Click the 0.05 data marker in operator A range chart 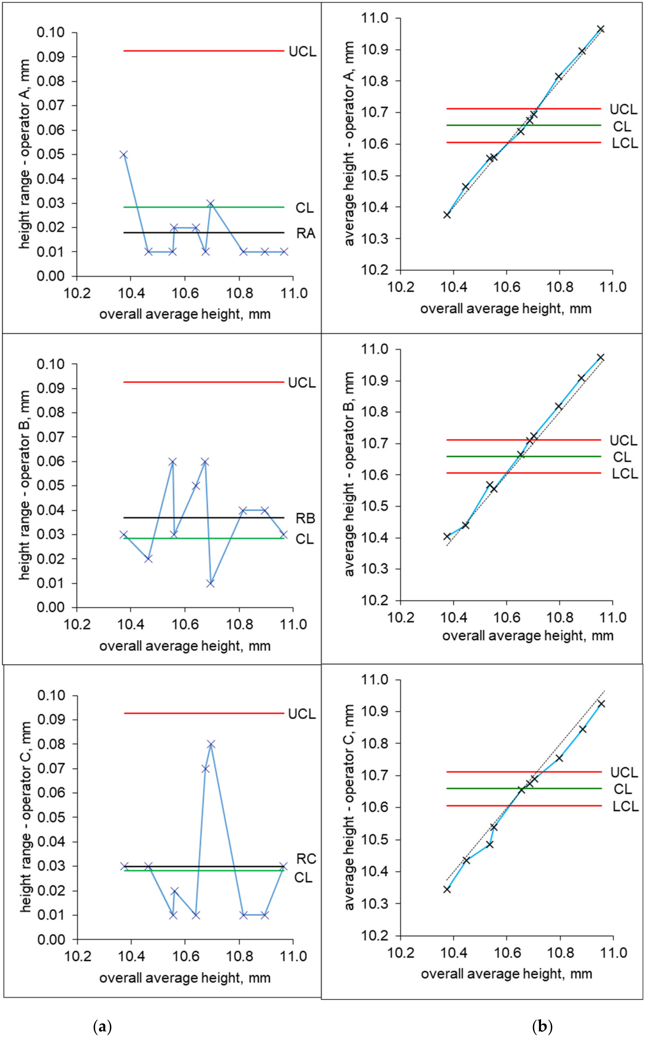tap(124, 154)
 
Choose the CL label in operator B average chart tap(622, 457)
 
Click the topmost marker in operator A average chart tap(601, 29)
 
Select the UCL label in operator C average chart tap(624, 773)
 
